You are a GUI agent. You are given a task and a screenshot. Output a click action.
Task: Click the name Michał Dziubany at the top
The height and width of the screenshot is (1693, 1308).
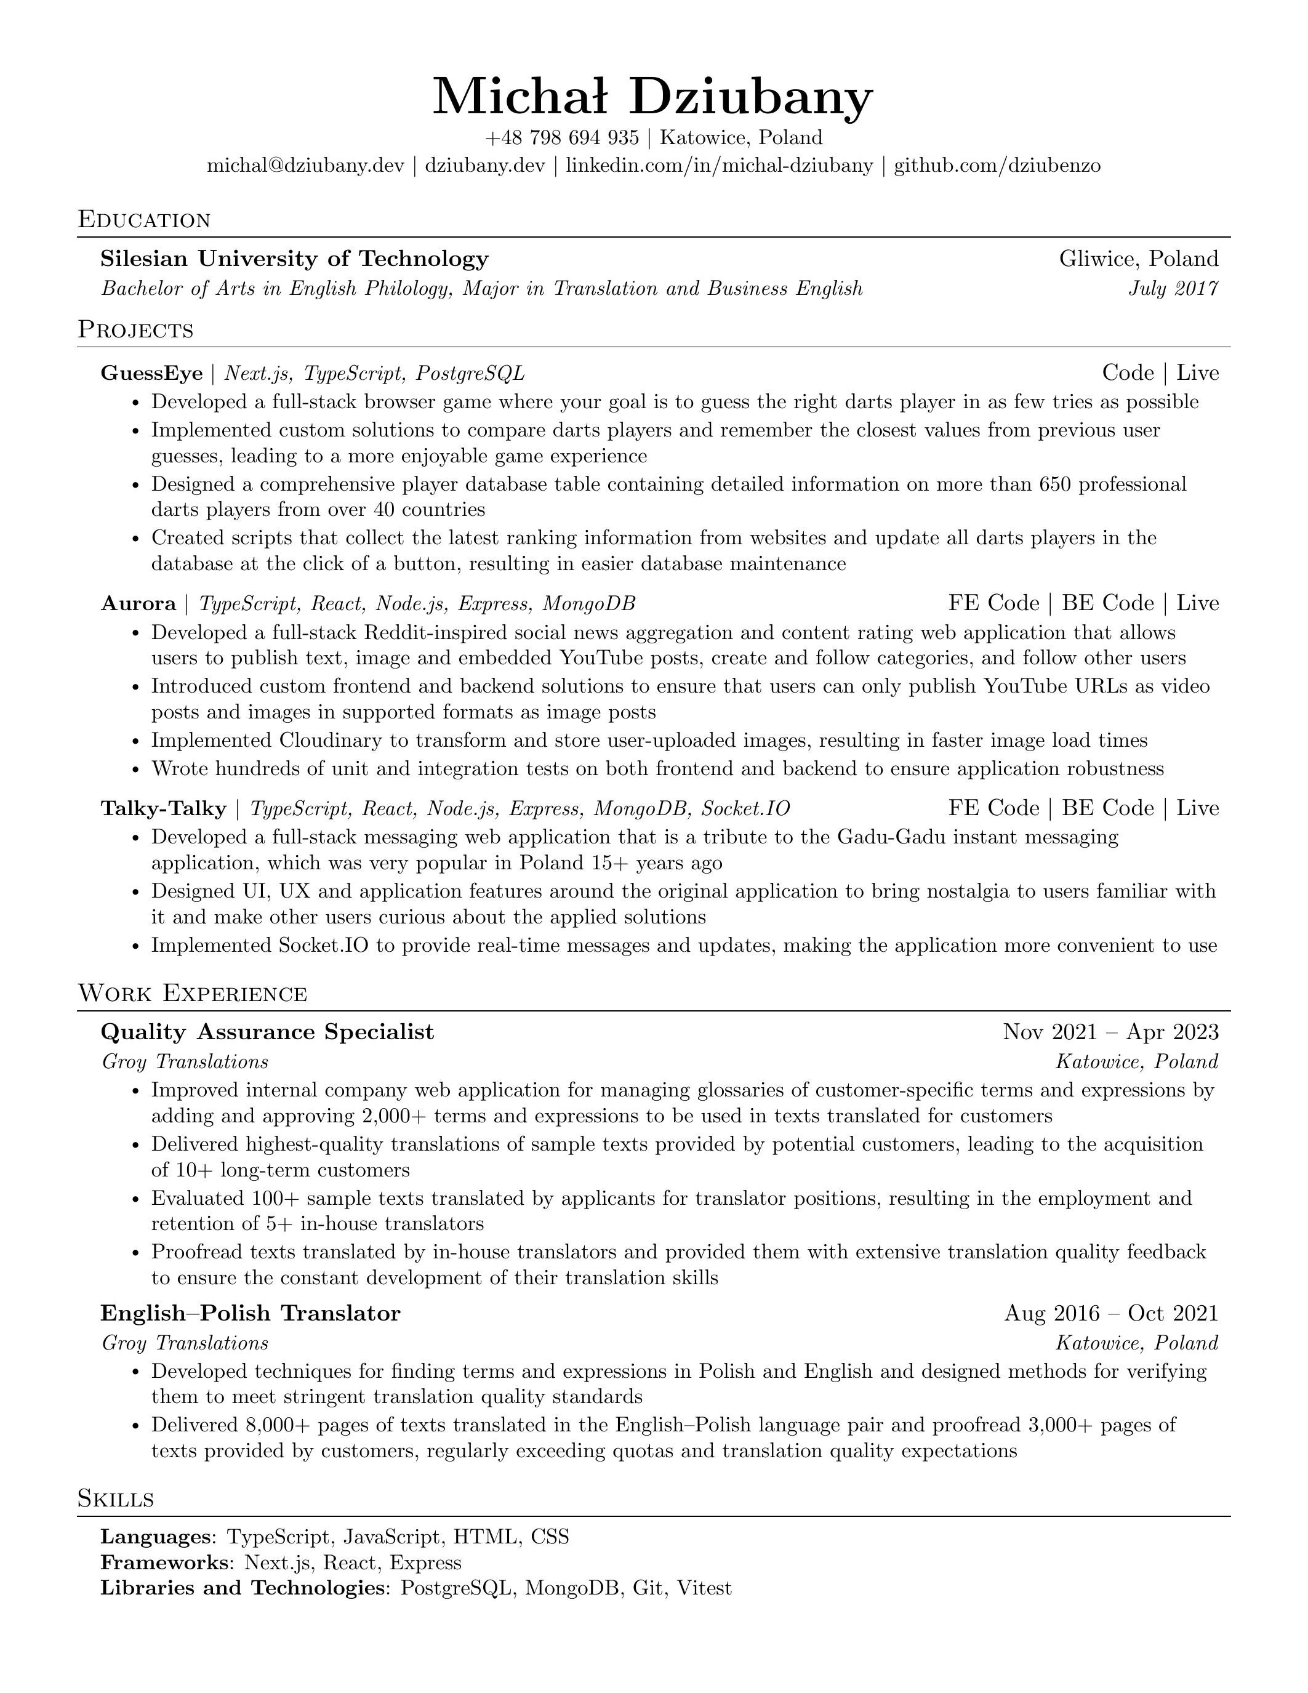[653, 97]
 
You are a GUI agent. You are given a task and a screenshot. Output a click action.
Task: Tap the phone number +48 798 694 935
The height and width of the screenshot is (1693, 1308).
[562, 138]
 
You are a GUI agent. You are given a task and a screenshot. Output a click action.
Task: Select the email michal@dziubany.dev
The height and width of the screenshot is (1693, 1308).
[305, 166]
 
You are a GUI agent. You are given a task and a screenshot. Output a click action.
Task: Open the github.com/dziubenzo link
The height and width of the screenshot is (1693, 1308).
[997, 166]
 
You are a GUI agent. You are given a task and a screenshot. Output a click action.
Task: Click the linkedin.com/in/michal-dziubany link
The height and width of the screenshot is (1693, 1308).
[719, 166]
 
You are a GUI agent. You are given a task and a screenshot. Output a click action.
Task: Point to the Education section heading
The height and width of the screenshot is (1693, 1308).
[144, 220]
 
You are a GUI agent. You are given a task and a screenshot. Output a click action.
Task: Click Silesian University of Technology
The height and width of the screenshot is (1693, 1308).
[294, 259]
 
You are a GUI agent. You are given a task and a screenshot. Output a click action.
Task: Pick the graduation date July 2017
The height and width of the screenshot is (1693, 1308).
[1173, 289]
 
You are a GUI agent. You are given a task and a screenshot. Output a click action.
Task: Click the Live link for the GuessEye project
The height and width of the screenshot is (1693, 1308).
[1198, 374]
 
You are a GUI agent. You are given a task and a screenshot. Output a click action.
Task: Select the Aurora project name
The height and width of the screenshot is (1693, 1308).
[138, 604]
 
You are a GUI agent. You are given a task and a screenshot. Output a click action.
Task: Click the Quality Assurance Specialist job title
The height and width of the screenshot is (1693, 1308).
[267, 1032]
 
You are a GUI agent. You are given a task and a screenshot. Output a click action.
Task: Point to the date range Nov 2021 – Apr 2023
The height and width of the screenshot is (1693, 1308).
[1110, 1032]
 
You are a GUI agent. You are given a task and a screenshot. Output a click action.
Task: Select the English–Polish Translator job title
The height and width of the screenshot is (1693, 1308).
[251, 1314]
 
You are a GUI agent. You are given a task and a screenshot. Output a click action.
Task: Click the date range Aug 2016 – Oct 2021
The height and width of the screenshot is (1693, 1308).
[1111, 1314]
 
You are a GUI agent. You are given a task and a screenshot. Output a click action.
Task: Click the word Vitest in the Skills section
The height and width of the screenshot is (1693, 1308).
[704, 1588]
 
